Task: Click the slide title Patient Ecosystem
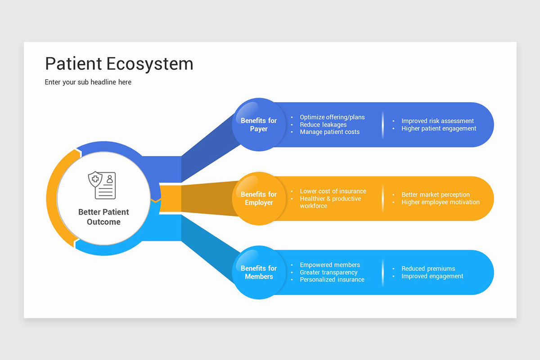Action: [119, 64]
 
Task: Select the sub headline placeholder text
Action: [88, 82]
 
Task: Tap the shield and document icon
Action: [102, 185]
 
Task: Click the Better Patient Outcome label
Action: [103, 217]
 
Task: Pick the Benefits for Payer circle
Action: [259, 125]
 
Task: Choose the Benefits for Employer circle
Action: [259, 198]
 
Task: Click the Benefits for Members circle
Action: [259, 272]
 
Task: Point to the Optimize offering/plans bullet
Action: [332, 117]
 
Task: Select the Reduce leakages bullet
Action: [323, 125]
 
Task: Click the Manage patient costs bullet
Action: [330, 132]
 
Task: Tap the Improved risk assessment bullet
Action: [437, 121]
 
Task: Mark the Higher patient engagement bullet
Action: [439, 128]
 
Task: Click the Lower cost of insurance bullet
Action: [333, 191]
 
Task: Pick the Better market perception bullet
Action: [436, 195]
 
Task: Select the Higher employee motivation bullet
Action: [441, 202]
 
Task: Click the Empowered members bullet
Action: [330, 265]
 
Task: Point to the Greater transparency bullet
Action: [328, 272]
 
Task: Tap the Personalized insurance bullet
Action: [332, 279]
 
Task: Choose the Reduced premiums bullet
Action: [428, 269]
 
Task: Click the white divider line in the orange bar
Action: [383, 198]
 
